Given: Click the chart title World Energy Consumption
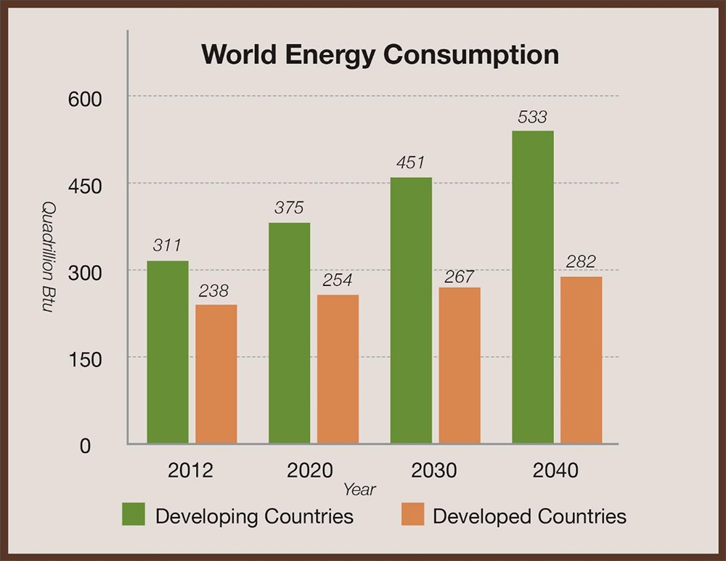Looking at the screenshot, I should (x=380, y=55).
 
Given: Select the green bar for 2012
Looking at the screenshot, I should (x=168, y=352).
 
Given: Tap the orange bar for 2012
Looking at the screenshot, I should (x=216, y=374).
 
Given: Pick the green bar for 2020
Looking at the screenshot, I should (x=289, y=333).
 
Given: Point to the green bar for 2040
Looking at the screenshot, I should (x=532, y=287).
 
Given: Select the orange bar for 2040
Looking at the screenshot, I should (x=581, y=360).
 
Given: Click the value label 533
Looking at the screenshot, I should (x=532, y=117).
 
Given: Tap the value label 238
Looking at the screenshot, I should (x=213, y=291).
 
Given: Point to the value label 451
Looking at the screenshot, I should (x=409, y=163).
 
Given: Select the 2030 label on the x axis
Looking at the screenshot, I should (x=434, y=470).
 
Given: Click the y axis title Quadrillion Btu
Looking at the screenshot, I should (x=46, y=258).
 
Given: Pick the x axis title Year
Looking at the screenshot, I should (x=359, y=490).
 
